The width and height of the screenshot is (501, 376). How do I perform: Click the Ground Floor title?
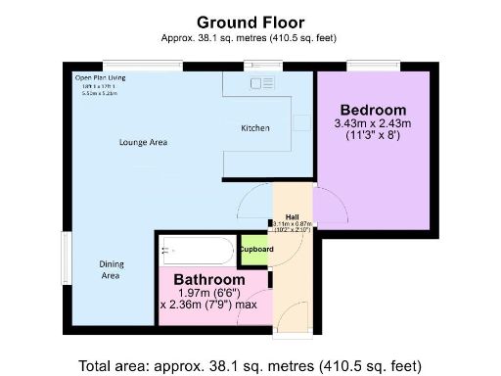point(250,22)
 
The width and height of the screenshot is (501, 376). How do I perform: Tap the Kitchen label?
point(255,128)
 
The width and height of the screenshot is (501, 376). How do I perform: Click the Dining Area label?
point(111,270)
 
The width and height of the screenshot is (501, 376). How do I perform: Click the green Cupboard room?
point(255,250)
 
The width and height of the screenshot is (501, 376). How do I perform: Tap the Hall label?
point(292,216)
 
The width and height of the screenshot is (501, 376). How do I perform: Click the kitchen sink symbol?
point(262,85)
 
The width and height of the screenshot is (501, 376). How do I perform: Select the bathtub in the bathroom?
point(196,253)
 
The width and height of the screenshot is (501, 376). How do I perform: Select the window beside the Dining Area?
point(66,257)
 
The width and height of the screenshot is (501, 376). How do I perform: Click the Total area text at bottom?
point(250,364)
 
